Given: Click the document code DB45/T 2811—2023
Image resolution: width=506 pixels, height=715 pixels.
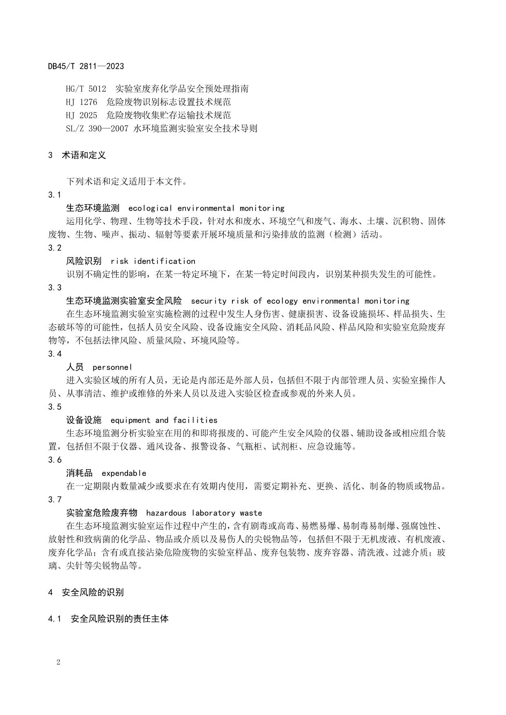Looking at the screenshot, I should point(86,66).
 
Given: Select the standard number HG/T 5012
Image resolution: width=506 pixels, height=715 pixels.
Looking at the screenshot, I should point(86,88).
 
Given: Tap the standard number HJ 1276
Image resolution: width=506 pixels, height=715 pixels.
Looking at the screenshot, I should point(81,102).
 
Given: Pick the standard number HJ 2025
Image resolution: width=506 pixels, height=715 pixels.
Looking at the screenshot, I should point(81,115).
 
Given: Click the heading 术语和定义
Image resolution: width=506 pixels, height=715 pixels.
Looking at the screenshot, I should point(84,155).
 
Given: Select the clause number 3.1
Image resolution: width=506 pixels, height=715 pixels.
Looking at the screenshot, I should point(55,195).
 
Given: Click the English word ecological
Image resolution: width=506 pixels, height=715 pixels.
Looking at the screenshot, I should point(150,208).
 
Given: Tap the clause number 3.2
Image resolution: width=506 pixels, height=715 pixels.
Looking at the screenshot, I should point(55,248).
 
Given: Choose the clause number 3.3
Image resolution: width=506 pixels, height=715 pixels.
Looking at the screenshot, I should point(55,288).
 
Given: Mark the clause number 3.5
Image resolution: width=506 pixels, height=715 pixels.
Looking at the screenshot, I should point(55,407).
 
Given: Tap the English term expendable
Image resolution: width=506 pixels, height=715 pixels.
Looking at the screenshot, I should point(124,473).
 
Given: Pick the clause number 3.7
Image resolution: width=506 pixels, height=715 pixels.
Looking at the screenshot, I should point(55,500).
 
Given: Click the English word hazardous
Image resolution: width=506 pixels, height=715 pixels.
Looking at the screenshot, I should point(166,513).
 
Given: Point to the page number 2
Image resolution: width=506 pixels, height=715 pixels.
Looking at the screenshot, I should point(58,662).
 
